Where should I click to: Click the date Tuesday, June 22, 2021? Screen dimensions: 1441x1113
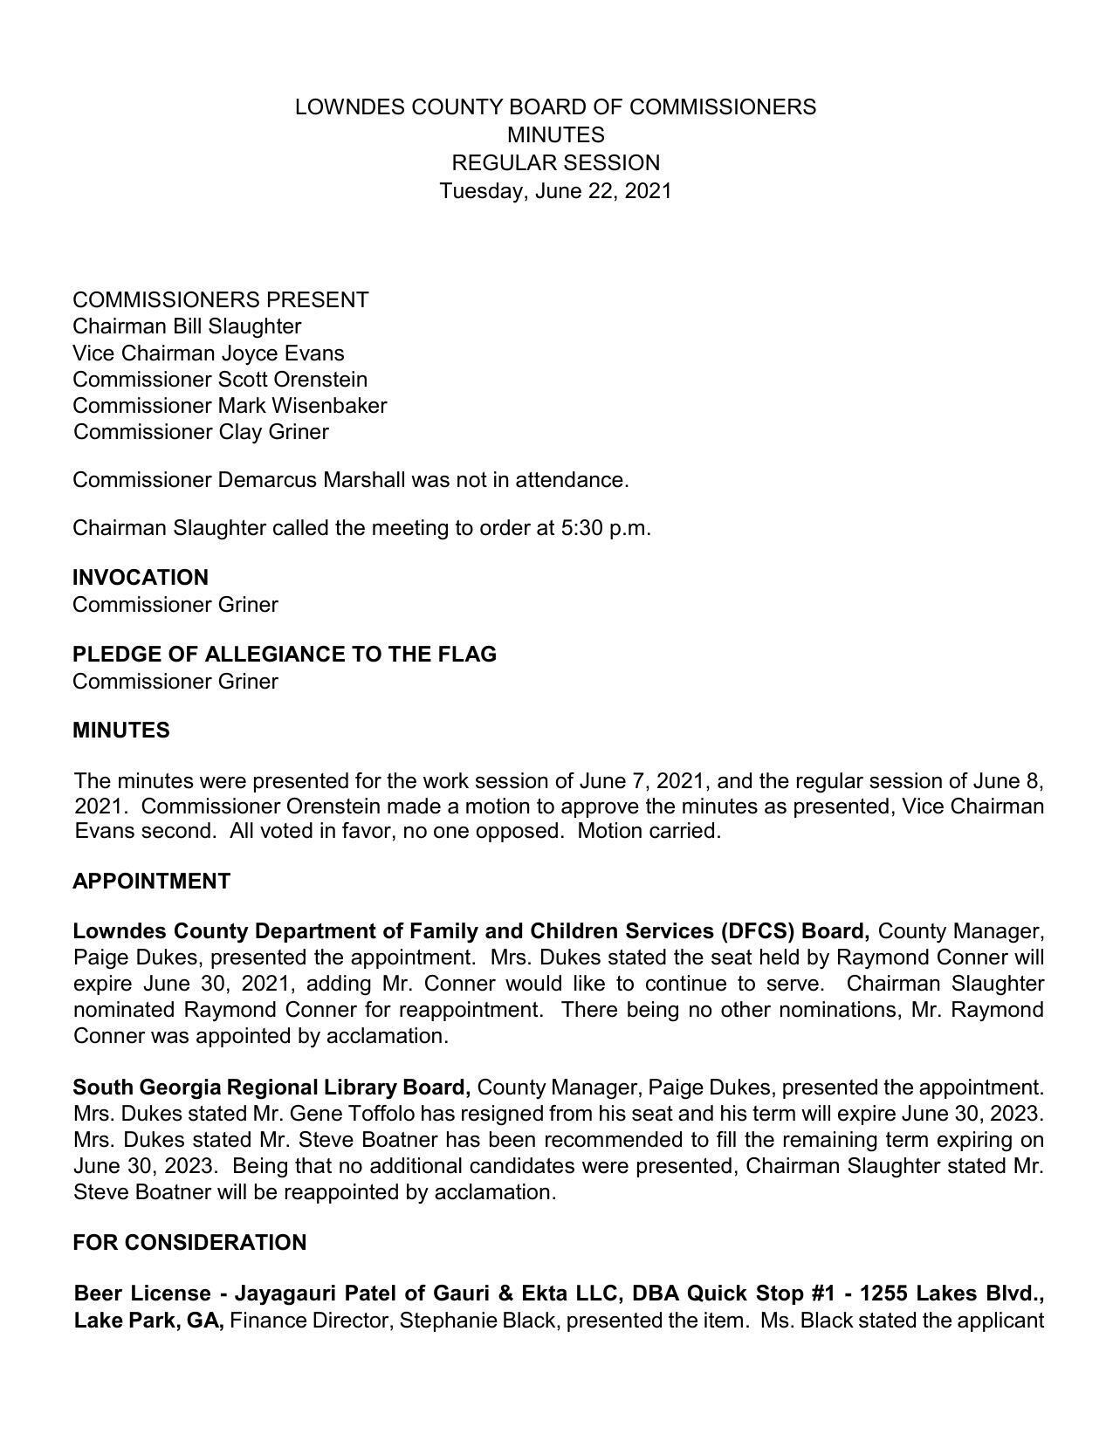click(555, 191)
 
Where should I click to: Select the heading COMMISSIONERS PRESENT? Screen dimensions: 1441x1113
click(220, 300)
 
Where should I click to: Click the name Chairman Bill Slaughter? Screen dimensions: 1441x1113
click(187, 326)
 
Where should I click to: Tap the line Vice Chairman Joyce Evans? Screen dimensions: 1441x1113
click(208, 353)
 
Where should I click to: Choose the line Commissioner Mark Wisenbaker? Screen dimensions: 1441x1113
click(229, 406)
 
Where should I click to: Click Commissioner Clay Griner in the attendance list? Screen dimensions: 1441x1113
click(201, 432)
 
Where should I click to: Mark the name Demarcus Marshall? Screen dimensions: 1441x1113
click(312, 480)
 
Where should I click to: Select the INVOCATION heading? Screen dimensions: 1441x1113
click(140, 578)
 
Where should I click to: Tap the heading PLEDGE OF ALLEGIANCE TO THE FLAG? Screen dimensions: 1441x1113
click(284, 655)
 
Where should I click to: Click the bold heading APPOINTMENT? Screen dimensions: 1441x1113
click(151, 882)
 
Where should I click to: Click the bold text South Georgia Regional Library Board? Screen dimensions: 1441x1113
click(271, 1088)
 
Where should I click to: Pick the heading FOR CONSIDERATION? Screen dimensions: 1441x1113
click(189, 1243)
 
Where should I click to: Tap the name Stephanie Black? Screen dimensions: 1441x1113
click(477, 1321)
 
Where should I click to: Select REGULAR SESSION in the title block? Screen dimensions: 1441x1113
click(555, 163)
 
